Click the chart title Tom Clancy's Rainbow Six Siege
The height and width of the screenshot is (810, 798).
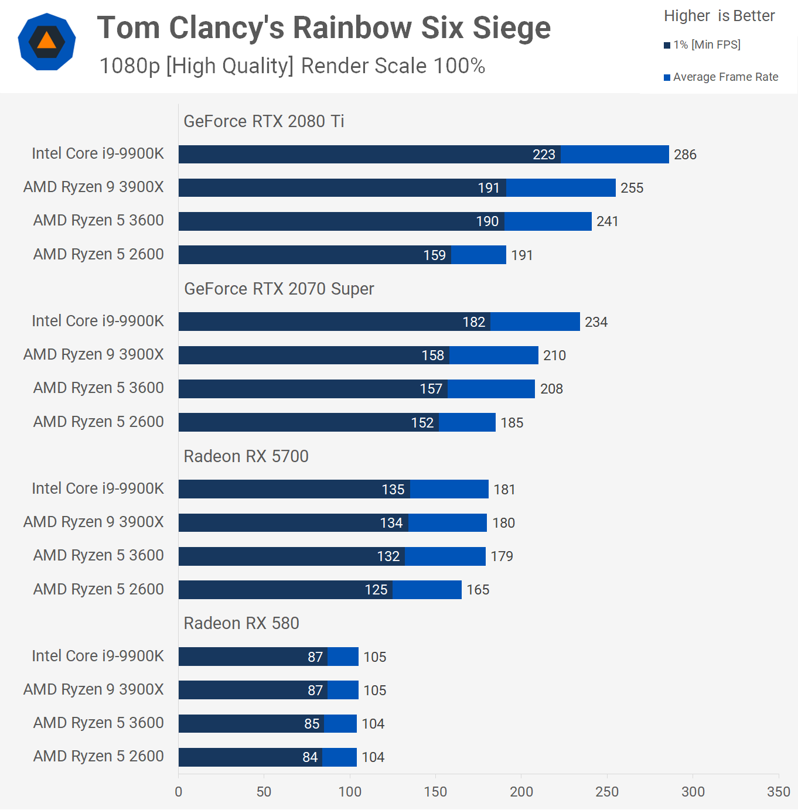(x=323, y=28)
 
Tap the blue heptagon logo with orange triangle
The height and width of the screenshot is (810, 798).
(x=47, y=42)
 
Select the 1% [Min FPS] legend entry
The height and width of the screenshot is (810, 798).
(x=702, y=45)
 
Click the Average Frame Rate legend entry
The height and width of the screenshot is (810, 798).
(x=721, y=77)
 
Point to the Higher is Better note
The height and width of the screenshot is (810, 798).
(x=719, y=16)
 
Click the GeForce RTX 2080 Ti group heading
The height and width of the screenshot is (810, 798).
(x=264, y=121)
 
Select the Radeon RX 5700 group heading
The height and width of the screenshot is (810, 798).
(x=246, y=456)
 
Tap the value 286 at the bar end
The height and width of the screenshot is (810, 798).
(x=685, y=155)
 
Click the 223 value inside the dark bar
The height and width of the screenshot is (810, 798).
(x=544, y=155)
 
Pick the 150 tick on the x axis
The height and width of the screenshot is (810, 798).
(x=435, y=792)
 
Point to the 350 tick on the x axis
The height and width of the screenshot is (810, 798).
(x=778, y=792)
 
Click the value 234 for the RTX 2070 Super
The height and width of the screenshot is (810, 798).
(x=596, y=322)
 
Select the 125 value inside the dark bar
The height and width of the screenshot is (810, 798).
(x=376, y=590)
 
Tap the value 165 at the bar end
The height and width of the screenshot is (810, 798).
(x=478, y=590)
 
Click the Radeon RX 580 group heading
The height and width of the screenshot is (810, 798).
(x=241, y=623)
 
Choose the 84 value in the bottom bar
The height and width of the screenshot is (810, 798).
(x=310, y=757)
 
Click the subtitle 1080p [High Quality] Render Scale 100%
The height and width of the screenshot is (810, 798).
(x=292, y=66)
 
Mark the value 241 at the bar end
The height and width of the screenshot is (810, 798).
(x=607, y=221)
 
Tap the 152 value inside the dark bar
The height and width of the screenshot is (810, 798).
(x=422, y=423)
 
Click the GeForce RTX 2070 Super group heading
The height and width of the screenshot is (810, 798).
(x=279, y=289)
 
